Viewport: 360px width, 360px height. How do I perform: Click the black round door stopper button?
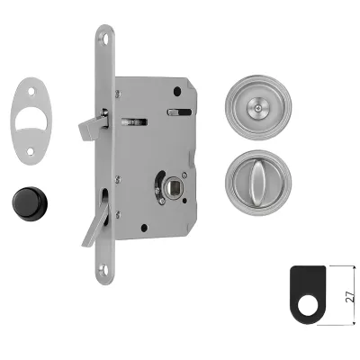pyautogui.click(x=30, y=203)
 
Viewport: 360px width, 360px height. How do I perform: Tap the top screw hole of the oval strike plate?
pyautogui.click(x=31, y=90)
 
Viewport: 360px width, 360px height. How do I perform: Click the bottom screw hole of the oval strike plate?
pyautogui.click(x=30, y=151)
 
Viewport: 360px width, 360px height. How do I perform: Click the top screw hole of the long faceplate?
pyautogui.click(x=105, y=39)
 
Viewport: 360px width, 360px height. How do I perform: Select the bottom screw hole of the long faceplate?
pyautogui.click(x=103, y=267)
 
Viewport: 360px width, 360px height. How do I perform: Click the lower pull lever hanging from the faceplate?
pyautogui.click(x=94, y=223)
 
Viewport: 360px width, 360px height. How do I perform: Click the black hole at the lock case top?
pyautogui.click(x=177, y=90)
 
